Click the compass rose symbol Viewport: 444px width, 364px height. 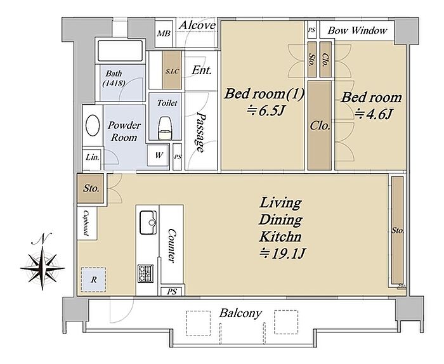pos(42,267)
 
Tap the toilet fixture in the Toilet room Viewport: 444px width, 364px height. pos(166,128)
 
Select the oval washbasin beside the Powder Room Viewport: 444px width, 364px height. pos(93,125)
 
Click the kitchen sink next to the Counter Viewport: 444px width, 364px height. pos(148,222)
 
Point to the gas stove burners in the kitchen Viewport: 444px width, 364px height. pos(146,273)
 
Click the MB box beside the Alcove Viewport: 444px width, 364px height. pos(164,34)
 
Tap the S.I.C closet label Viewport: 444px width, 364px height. pos(172,71)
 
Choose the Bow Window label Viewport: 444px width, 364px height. pos(357,30)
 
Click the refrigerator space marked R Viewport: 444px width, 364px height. pos(93,280)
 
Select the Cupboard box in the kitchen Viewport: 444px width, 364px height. pos(87,223)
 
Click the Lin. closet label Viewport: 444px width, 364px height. pos(93,157)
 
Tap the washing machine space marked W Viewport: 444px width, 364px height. pos(159,155)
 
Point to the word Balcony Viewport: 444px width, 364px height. pos(240,313)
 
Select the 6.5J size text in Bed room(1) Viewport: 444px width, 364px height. pos(264,111)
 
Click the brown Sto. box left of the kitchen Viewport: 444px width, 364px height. pos(91,188)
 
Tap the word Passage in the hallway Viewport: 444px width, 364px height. pos(201,133)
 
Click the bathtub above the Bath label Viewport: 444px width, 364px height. pos(120,51)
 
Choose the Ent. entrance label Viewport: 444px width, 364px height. pos(201,70)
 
